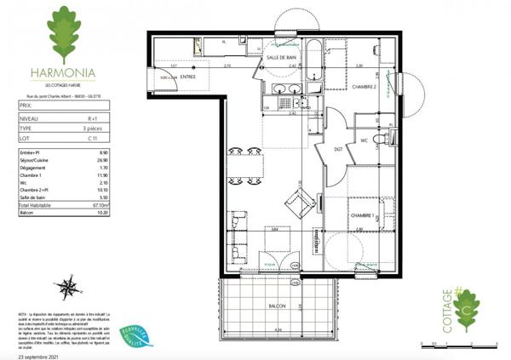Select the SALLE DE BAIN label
click(282, 57)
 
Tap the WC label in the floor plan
click(364, 140)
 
